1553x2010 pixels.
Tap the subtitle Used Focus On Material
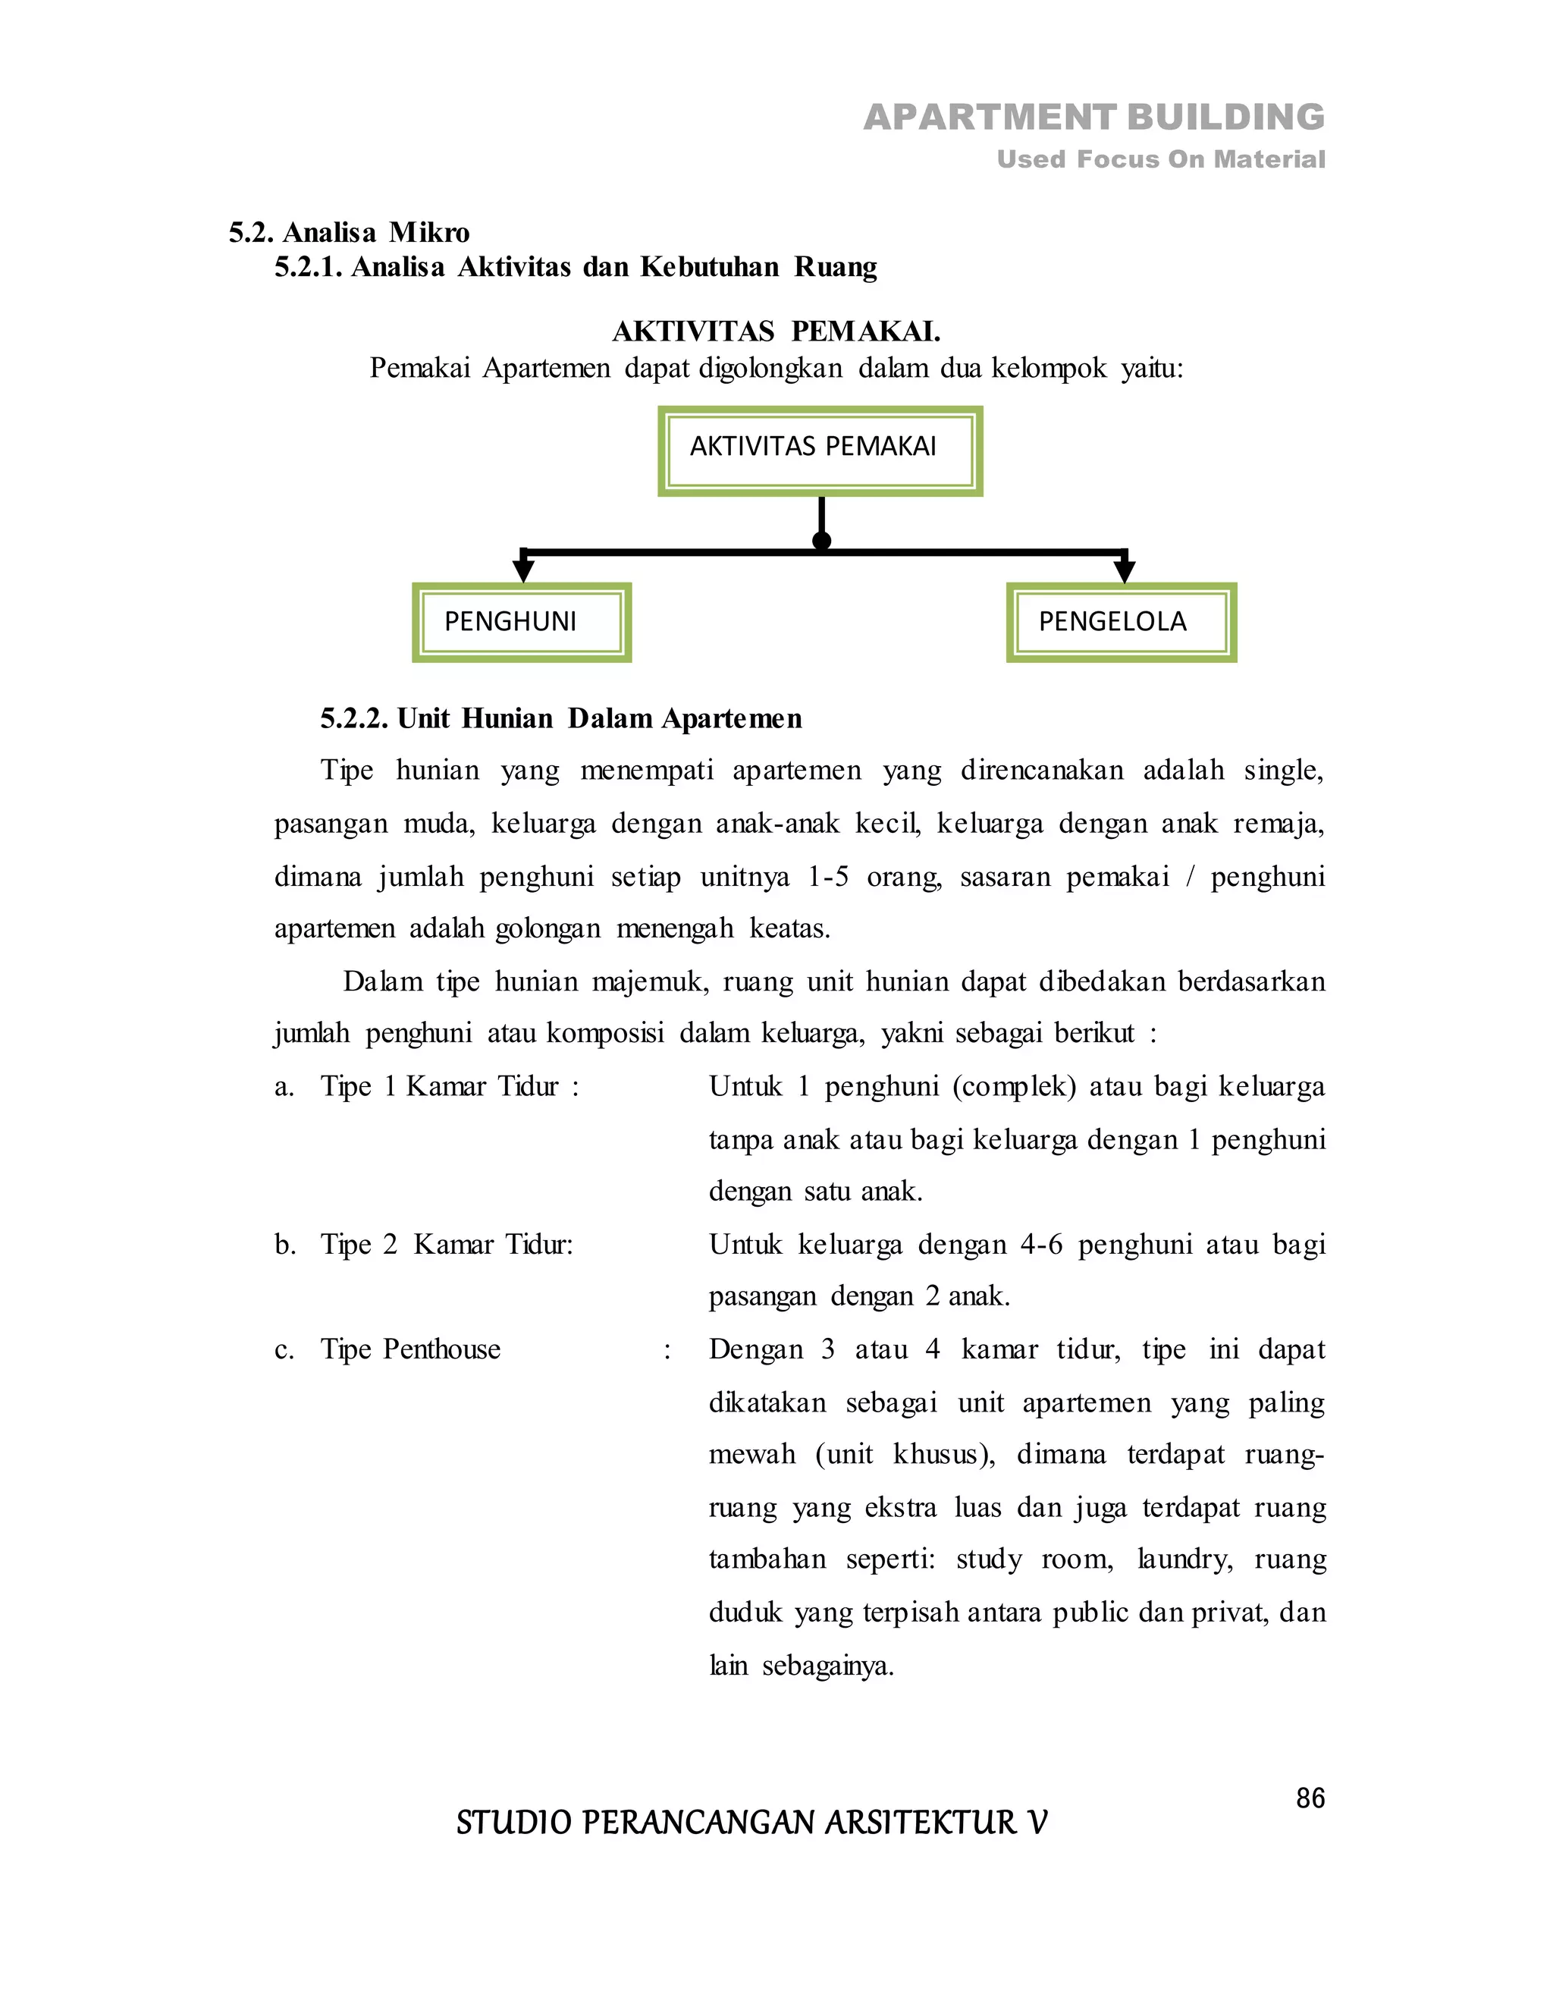pyautogui.click(x=1160, y=160)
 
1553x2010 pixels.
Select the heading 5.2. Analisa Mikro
pyautogui.click(x=349, y=232)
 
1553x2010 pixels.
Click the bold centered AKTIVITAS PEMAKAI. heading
pyautogui.click(x=776, y=331)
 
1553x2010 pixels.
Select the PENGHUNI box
pyautogui.click(x=521, y=622)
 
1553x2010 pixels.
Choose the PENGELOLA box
pyautogui.click(x=1121, y=622)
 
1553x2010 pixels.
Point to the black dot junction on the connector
pyautogui.click(x=821, y=540)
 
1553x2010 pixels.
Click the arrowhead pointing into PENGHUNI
pyautogui.click(x=523, y=570)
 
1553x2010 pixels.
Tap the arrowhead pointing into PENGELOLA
pyautogui.click(x=1125, y=570)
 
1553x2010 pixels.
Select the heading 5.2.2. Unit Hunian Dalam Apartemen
pyautogui.click(x=560, y=719)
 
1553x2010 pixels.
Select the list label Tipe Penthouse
pyautogui.click(x=410, y=1350)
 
